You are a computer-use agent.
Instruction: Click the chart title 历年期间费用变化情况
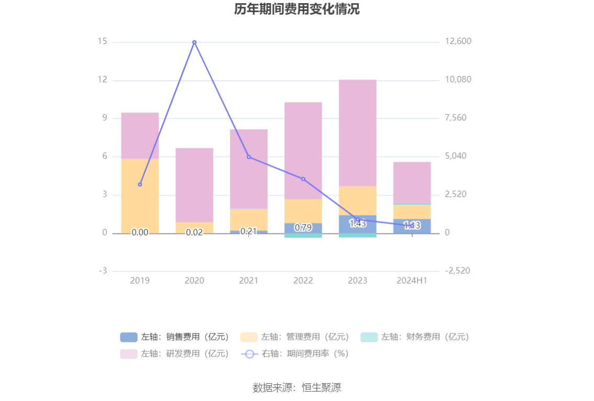coord(296,9)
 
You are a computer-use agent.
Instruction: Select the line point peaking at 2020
coord(194,42)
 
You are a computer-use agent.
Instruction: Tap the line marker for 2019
coord(140,184)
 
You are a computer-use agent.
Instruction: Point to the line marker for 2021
coord(249,157)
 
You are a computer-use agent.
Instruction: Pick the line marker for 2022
coord(303,179)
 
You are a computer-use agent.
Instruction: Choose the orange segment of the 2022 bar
coord(303,211)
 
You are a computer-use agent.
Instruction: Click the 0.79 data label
coord(303,228)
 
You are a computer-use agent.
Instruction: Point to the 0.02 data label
coord(194,232)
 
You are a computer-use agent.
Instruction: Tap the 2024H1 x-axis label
coord(412,281)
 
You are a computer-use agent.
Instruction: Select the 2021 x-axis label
coord(249,281)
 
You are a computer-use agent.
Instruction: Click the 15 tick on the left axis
coord(102,41)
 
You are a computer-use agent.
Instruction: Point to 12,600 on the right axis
coord(458,41)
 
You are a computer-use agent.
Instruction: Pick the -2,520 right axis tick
coord(458,271)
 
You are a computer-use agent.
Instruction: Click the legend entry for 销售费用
coord(175,337)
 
